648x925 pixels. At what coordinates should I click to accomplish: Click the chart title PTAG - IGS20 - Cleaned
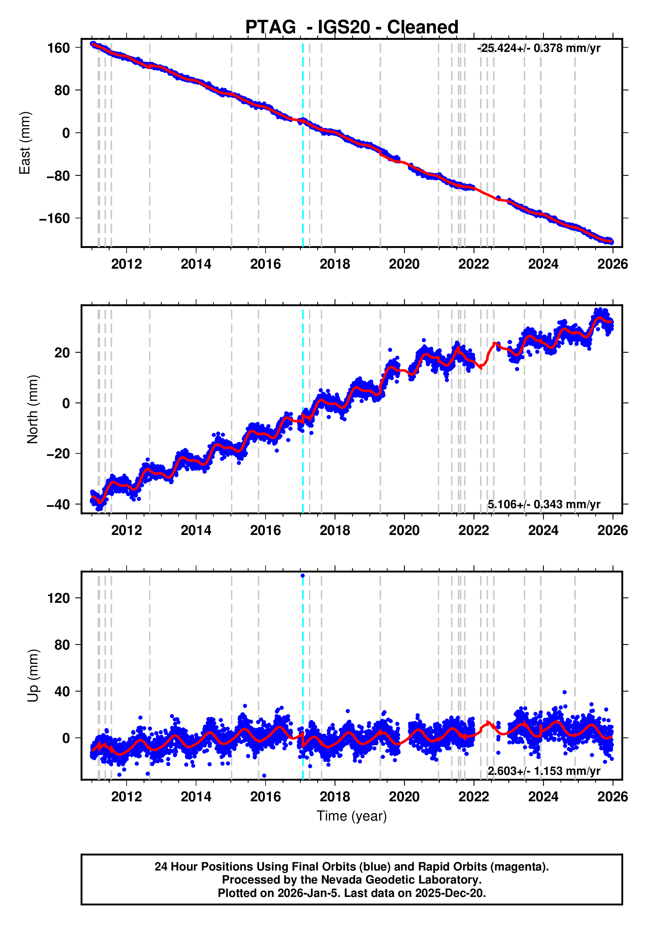[352, 27]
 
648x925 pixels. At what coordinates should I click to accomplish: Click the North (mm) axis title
[33, 409]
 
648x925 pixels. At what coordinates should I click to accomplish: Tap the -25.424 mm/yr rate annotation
[538, 48]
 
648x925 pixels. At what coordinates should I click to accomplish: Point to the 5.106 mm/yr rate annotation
[544, 504]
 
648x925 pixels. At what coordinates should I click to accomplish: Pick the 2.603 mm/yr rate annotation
[544, 771]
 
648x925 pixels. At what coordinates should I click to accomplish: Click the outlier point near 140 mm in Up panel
[303, 576]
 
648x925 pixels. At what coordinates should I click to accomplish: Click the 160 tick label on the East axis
[59, 48]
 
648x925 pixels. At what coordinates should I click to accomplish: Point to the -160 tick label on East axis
[54, 218]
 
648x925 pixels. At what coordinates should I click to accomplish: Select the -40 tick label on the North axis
[58, 504]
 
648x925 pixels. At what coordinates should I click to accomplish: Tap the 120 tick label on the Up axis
[59, 598]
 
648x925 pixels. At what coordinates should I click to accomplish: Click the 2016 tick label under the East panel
[265, 264]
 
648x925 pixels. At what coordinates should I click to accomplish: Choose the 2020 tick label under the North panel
[404, 531]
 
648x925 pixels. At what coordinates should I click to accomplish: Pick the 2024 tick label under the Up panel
[543, 796]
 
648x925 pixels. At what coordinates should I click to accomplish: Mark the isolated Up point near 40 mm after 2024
[564, 692]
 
